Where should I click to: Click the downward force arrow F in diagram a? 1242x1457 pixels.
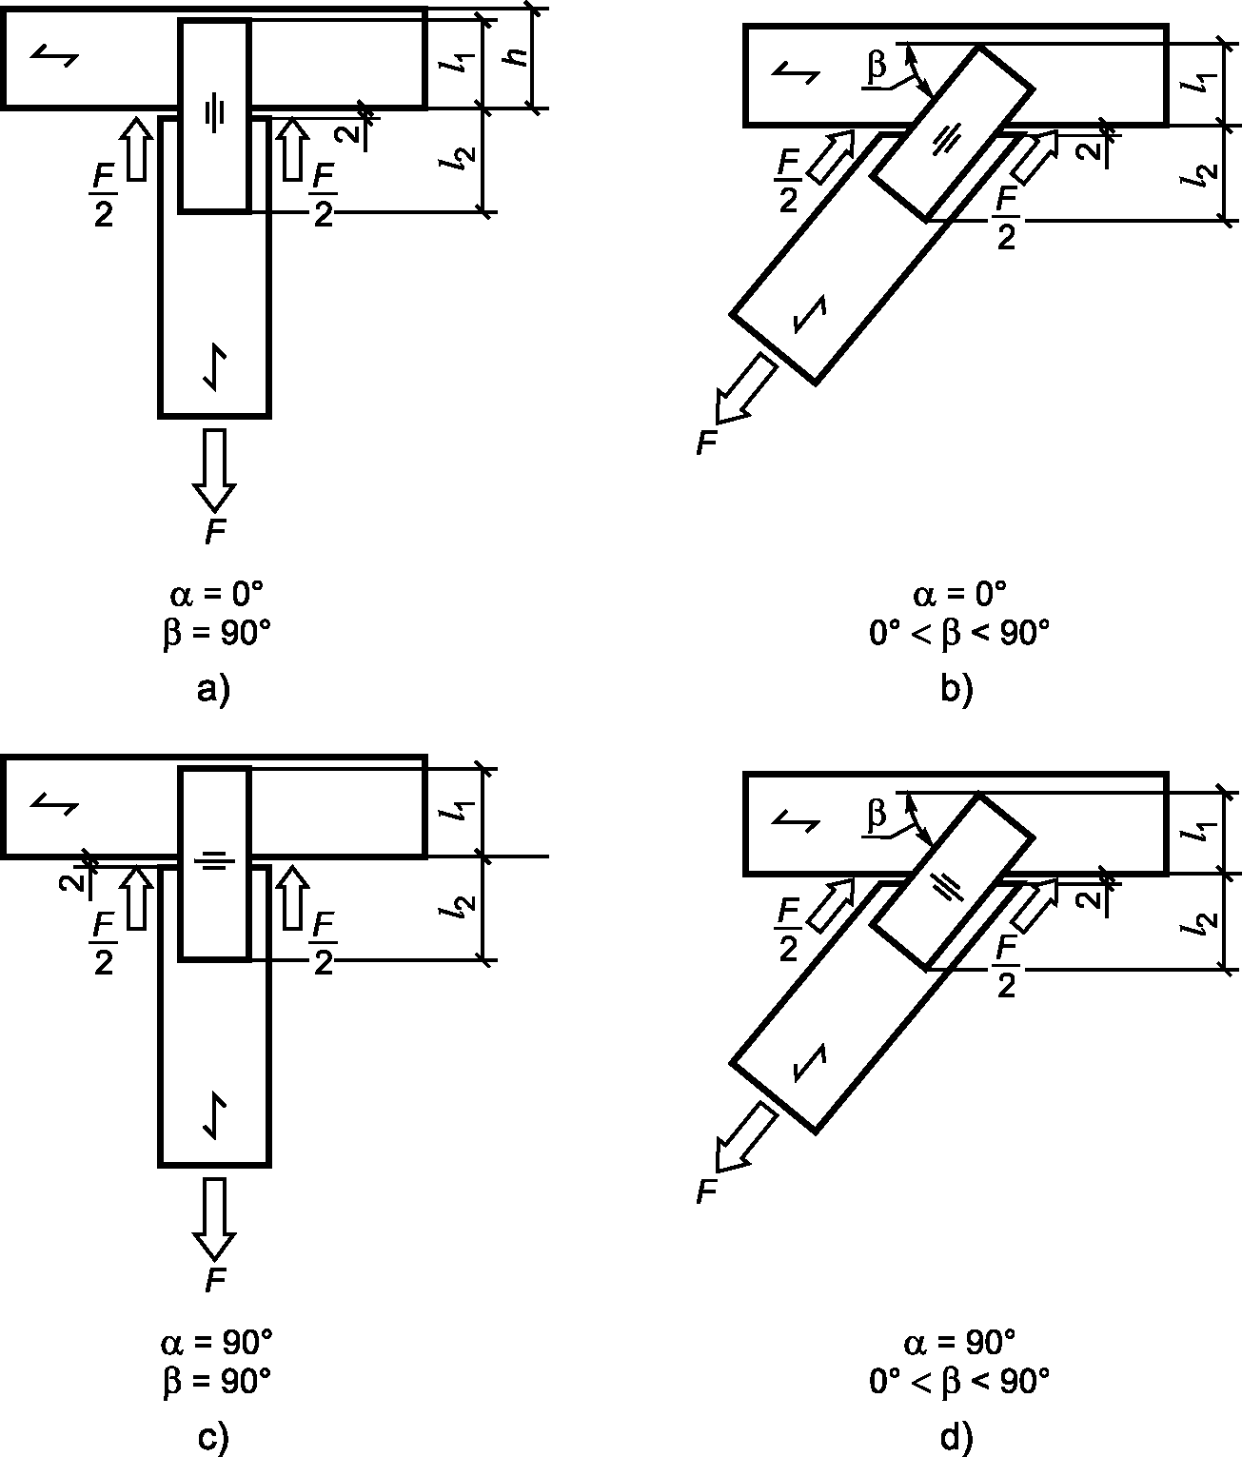[214, 470]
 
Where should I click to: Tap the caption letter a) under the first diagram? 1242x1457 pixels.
[213, 689]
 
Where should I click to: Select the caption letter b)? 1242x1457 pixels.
[956, 689]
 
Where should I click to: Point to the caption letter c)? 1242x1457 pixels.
[213, 1438]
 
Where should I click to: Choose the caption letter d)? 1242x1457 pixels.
[956, 1438]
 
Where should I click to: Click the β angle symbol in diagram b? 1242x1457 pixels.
[877, 65]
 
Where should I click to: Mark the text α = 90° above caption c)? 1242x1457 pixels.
[216, 1344]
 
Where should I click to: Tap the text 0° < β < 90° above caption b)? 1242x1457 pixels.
[959, 634]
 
